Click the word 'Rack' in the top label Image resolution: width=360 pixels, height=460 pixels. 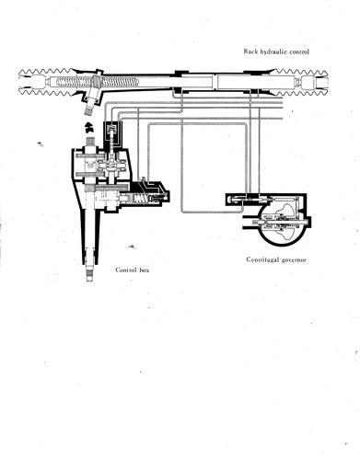coord(250,52)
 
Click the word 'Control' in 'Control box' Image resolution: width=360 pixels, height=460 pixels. coord(125,270)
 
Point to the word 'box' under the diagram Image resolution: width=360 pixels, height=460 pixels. coord(144,270)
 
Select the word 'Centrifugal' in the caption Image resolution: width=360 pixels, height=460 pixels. coord(263,259)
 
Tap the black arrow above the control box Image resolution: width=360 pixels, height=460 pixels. coord(89,127)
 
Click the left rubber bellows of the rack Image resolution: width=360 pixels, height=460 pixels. coord(47,82)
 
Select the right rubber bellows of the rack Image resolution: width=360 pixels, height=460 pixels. coord(302,82)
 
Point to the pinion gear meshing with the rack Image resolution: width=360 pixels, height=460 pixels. coord(95,81)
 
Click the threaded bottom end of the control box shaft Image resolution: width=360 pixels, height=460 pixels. coord(89,274)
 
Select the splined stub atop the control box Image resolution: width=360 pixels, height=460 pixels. coord(89,141)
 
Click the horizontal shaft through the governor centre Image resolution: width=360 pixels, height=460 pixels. coord(279,222)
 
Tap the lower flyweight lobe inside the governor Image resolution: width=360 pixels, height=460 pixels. coord(286,234)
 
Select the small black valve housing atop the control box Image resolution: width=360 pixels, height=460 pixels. coord(112,131)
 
